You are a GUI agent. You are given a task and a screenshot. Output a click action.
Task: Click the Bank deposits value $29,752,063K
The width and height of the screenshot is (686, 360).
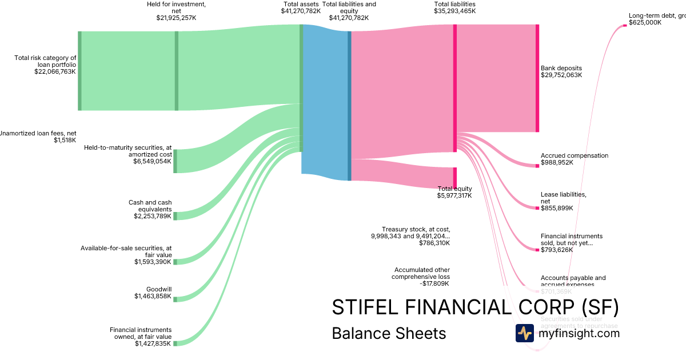coord(561,75)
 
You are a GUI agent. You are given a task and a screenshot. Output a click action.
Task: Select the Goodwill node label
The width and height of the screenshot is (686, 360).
coord(158,289)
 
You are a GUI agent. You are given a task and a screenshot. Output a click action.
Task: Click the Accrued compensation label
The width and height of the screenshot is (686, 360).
coord(575,155)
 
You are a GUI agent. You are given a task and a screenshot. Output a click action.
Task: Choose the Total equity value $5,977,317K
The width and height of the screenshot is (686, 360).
coord(454,195)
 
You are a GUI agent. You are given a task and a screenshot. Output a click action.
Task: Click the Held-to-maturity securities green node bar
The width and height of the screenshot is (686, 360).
coord(175,161)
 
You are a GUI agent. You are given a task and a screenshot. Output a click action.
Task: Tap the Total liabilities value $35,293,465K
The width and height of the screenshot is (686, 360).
coord(454,11)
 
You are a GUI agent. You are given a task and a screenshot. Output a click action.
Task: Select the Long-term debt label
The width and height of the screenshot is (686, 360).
coord(656,16)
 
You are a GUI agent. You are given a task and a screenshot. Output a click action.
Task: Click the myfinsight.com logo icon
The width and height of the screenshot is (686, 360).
coord(524,333)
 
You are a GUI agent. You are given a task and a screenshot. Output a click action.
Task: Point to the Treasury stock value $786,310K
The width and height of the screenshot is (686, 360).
coord(434,243)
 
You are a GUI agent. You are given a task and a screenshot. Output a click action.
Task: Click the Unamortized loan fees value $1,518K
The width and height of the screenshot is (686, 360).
coord(65,140)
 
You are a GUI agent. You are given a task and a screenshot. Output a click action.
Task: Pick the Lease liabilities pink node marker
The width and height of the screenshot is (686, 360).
coord(537,207)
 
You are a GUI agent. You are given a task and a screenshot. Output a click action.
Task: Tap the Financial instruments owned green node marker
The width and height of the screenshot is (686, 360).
coord(175,343)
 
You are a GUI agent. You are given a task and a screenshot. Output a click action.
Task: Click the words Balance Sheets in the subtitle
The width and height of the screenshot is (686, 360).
coord(388,334)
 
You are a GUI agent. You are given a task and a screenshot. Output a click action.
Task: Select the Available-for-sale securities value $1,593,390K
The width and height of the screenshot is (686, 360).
coord(153,262)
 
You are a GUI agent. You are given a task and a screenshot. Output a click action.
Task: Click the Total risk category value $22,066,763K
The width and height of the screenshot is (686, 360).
coord(55,72)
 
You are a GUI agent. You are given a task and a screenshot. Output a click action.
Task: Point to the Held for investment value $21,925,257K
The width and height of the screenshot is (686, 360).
coord(176,18)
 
